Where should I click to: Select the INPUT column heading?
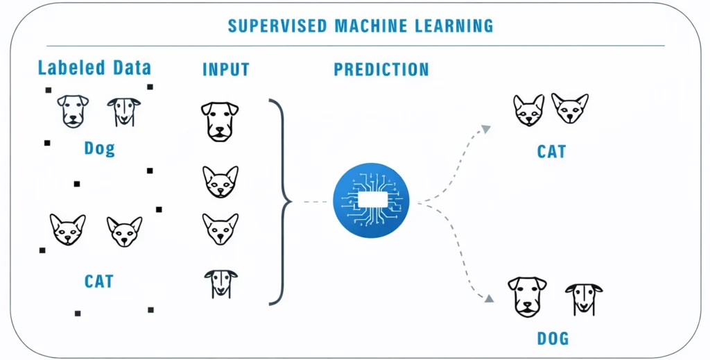point(225,69)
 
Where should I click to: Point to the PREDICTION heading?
point(381,69)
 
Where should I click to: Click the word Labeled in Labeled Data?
point(65,68)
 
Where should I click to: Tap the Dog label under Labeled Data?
point(99,148)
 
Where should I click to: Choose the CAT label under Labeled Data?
point(99,282)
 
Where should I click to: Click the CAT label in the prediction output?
point(551,151)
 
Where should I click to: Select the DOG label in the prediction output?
point(553,339)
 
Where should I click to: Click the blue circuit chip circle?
point(371,200)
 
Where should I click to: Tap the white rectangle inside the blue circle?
point(371,200)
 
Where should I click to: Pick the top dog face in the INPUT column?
point(220,121)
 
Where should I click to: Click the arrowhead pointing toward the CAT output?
point(486,128)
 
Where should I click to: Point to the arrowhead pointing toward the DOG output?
point(489,298)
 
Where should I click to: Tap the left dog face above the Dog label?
point(73,111)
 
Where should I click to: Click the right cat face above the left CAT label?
point(124,232)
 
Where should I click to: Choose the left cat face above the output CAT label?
point(528,110)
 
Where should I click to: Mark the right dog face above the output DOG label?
point(583,298)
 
